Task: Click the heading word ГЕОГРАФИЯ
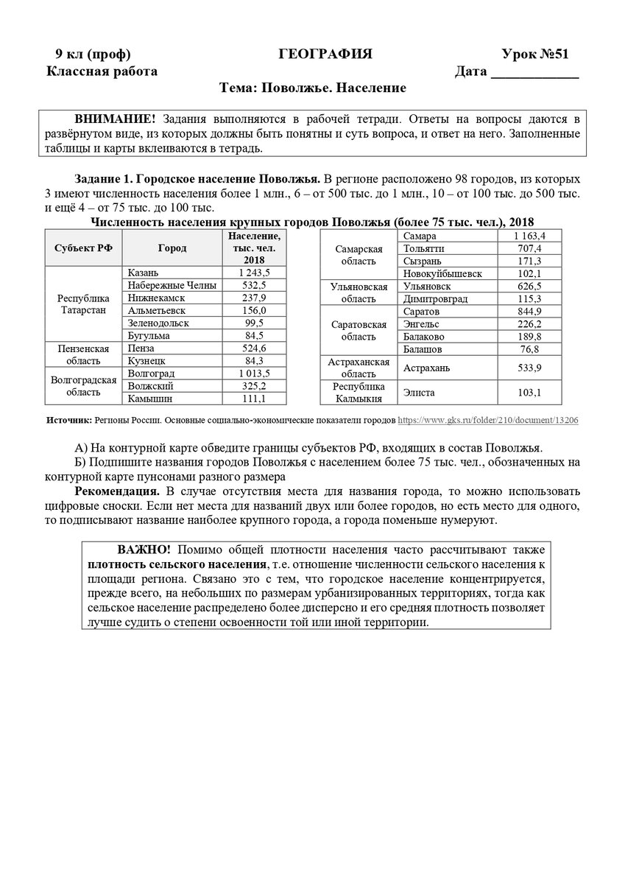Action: coord(325,54)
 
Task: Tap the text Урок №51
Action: coord(535,54)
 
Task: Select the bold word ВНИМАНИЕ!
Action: coord(115,119)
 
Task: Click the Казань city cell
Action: coord(143,273)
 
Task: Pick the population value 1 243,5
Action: coord(254,273)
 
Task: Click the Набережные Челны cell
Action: coord(172,285)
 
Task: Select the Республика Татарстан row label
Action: coord(83,304)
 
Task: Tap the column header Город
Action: coord(172,248)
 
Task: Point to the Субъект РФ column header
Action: coord(83,248)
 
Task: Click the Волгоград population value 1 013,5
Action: coord(254,373)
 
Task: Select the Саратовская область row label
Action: coord(359,331)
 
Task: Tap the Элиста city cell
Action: coord(419,393)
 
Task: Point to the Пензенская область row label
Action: coord(83,354)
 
